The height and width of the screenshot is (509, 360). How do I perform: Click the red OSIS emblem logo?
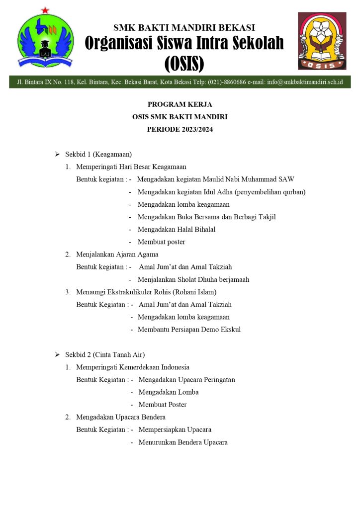322,41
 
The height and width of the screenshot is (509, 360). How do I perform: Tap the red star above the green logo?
45,10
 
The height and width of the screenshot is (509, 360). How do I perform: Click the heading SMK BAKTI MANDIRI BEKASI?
184,27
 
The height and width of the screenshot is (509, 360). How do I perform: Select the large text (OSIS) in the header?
184,64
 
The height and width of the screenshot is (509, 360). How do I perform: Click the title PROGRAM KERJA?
180,104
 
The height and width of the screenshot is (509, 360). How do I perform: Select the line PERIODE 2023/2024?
180,129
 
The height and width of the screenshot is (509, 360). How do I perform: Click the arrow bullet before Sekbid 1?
57,155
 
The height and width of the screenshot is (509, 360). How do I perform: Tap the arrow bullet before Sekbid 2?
57,355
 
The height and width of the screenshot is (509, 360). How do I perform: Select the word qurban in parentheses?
293,192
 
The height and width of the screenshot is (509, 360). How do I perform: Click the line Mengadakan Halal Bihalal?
177,229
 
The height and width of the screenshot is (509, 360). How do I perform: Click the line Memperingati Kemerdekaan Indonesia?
133,367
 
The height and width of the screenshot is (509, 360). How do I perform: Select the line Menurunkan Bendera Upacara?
183,442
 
